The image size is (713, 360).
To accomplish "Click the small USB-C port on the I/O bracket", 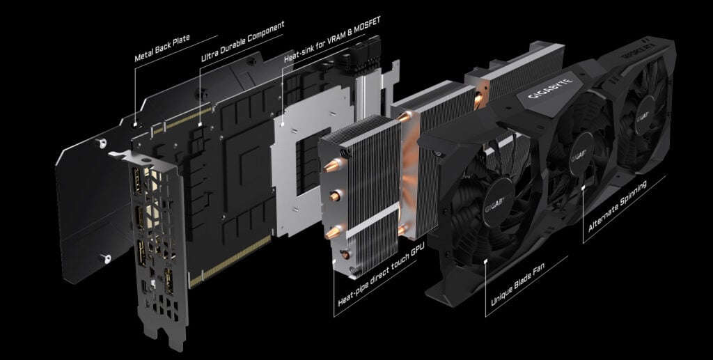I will pyautogui.click(x=144, y=285).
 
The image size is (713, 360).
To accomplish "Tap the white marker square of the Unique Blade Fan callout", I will pyautogui.click(x=485, y=260).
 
